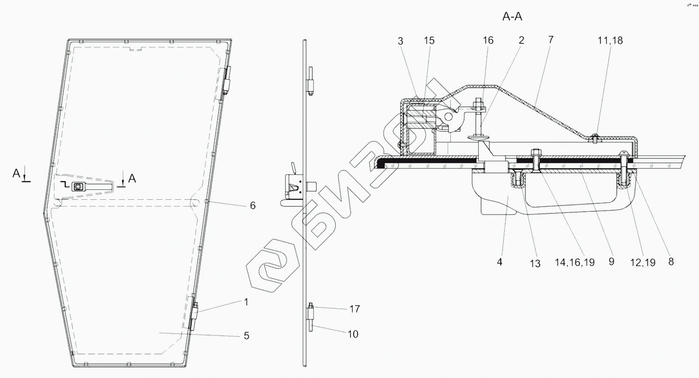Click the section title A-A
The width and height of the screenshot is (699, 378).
[512, 16]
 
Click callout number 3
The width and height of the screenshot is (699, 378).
[401, 41]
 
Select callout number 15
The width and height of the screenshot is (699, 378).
[429, 41]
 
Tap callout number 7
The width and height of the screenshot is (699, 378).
[551, 40]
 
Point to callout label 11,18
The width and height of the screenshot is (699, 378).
[610, 41]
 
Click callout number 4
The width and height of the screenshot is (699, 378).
[499, 262]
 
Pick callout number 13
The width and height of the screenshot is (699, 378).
[535, 264]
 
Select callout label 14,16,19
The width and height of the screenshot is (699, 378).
[574, 262]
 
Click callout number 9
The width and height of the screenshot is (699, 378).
[611, 262]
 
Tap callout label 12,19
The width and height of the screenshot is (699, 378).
[643, 262]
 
